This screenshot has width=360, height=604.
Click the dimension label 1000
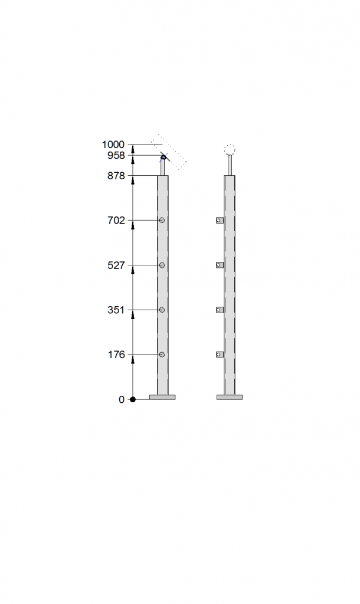113,145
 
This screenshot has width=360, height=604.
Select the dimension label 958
116,155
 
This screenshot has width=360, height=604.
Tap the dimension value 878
116,176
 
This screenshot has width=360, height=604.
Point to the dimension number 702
116,221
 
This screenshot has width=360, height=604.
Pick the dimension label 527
116,265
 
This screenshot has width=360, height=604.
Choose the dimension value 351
116,310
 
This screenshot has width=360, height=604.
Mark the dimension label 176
116,354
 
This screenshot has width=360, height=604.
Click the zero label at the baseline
122,399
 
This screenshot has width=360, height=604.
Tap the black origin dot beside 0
133,399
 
